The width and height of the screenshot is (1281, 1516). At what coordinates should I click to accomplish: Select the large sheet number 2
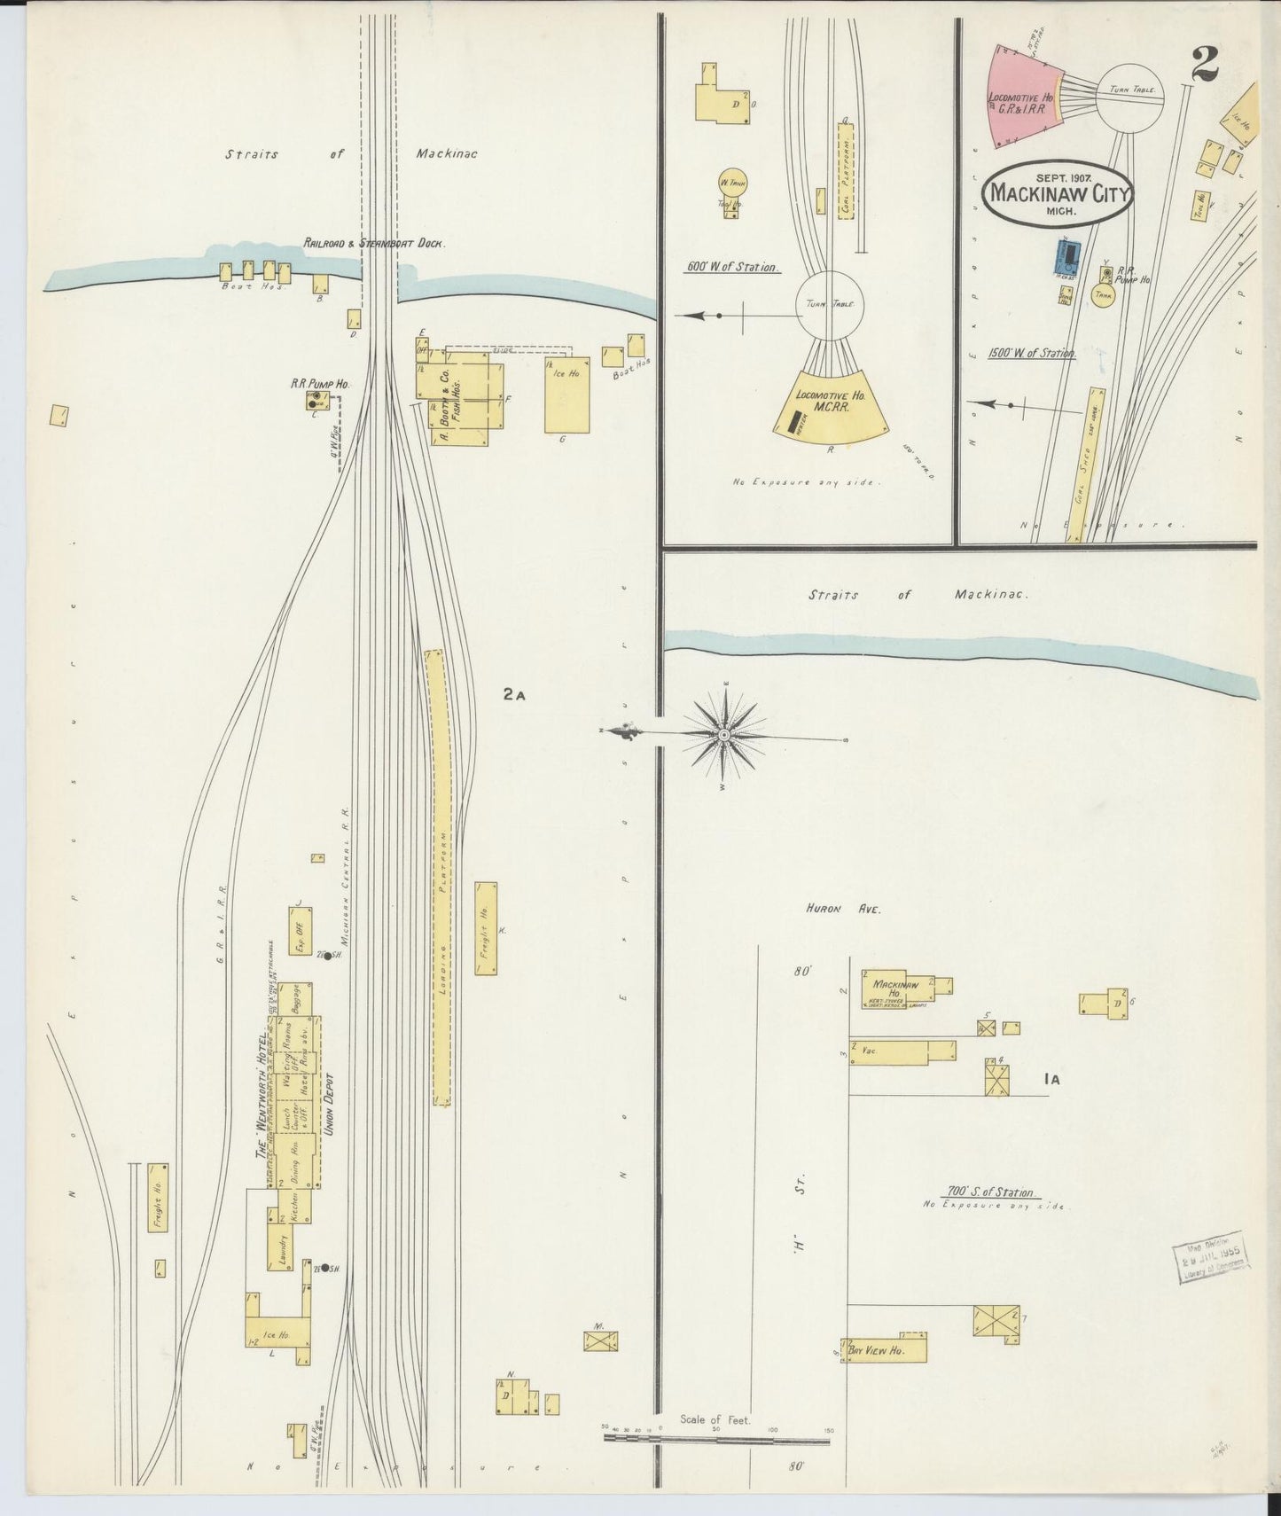coord(1205,64)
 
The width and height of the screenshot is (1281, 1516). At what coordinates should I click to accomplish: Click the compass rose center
coord(724,735)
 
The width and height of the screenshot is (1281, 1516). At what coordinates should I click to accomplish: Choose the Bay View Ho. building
coord(887,1349)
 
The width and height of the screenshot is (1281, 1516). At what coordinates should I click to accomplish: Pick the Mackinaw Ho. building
coord(895,992)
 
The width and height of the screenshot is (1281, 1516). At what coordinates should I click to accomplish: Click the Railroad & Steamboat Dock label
coord(374,243)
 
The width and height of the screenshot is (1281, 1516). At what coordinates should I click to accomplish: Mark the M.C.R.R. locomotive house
coord(831,405)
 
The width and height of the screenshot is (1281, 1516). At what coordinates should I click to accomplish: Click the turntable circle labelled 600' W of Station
coord(830,305)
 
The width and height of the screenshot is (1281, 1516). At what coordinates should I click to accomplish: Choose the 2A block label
coord(514,695)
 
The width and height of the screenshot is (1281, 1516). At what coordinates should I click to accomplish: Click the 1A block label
coord(1052,1079)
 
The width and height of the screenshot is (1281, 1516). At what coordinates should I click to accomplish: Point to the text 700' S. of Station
coord(992,1192)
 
